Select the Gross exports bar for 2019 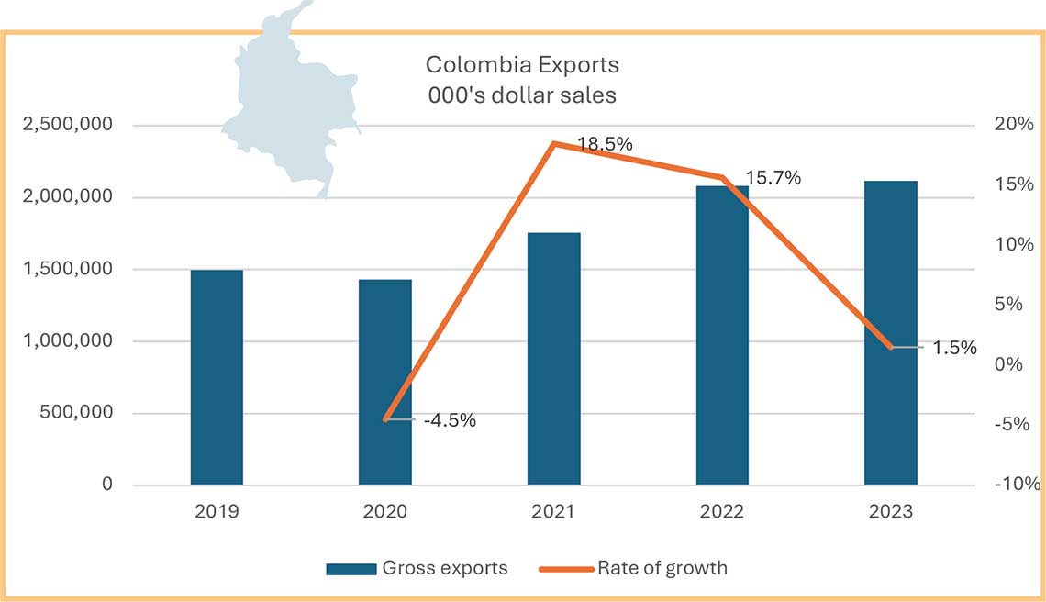[x=217, y=377]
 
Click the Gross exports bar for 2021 [x=553, y=359]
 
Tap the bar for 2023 [x=890, y=332]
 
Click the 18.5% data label [x=606, y=144]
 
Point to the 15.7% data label [x=773, y=178]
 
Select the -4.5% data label [x=450, y=421]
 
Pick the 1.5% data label [x=955, y=348]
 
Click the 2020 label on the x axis [x=385, y=511]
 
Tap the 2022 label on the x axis [x=722, y=511]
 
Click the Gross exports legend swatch [x=351, y=569]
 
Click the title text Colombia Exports [x=522, y=65]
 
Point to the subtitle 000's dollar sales [x=522, y=94]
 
